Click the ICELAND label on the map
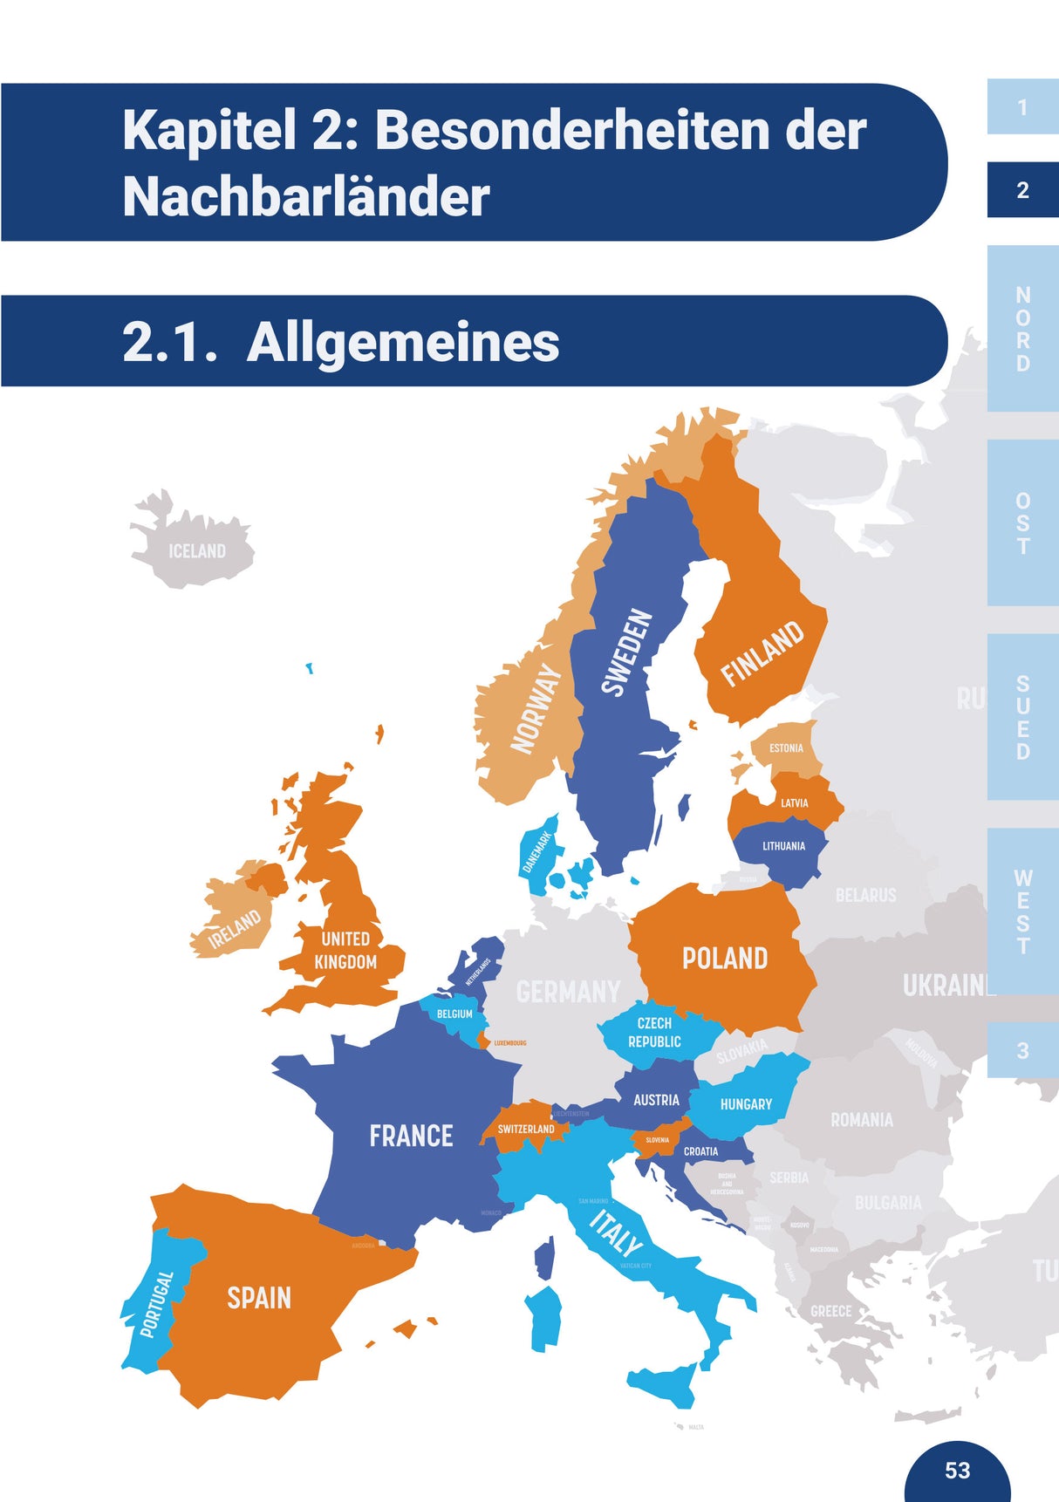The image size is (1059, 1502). [x=197, y=551]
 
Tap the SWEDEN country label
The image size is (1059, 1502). [x=627, y=652]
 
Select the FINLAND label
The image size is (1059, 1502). [x=762, y=653]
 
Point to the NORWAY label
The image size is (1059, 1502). [x=536, y=707]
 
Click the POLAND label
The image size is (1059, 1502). [x=725, y=959]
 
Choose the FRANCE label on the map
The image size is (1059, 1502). [x=411, y=1136]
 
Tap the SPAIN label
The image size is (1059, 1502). [x=259, y=1298]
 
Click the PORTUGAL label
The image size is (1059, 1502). [x=157, y=1304]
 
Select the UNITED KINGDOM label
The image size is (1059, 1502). [x=345, y=951]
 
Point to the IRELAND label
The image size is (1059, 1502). [x=235, y=929]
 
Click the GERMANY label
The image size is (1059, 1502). [x=568, y=992]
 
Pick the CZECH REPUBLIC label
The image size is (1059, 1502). [x=654, y=1033]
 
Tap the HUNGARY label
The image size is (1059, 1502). [x=746, y=1104]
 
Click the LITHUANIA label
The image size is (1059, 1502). [x=783, y=846]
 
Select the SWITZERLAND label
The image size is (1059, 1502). [x=526, y=1129]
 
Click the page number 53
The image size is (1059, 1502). [x=957, y=1471]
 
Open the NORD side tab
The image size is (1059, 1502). [x=1023, y=329]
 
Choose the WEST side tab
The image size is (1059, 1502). [x=1023, y=911]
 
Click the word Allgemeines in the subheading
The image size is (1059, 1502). [x=403, y=342]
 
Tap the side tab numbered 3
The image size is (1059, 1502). [x=1023, y=1051]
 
